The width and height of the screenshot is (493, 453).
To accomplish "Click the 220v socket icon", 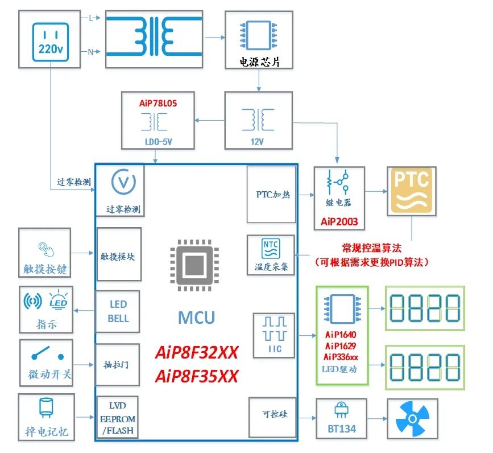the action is [50, 42].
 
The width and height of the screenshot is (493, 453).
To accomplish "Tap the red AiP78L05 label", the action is [158, 103].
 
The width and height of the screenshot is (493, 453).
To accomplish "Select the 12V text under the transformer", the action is [257, 142].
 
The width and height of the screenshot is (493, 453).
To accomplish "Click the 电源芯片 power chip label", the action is [259, 62].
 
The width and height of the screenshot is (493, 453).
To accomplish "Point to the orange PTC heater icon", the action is [412, 191].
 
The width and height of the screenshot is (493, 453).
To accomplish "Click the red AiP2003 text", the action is [339, 222].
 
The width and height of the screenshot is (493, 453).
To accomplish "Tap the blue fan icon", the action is [412, 418].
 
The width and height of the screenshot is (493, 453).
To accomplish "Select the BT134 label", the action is [342, 429].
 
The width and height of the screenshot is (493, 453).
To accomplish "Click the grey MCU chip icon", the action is [194, 265].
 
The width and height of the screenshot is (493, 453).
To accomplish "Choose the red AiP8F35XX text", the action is [197, 376].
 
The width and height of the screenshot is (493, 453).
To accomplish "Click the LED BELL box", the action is [118, 311].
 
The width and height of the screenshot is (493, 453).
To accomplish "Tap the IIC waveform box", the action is [274, 335].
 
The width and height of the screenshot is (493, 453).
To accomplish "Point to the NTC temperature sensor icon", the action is [271, 249].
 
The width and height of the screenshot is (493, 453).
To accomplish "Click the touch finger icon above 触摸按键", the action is [46, 249].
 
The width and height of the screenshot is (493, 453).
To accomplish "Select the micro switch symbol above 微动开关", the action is [47, 353].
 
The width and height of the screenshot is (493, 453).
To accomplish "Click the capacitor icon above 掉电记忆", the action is [46, 407].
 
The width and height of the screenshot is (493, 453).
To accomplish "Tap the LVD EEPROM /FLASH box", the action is [118, 418].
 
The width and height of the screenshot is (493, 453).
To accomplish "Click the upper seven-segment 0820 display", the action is [425, 308].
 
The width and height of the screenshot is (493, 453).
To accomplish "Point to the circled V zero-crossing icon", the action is [123, 182].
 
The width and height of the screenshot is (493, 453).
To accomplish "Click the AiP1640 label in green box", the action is [341, 335].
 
